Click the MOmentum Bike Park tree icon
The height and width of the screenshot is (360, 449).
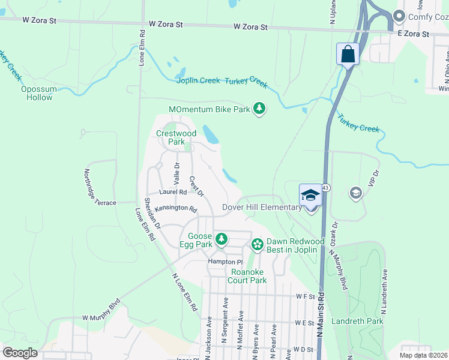(x=259, y=109)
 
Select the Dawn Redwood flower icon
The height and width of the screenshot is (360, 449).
(x=258, y=244)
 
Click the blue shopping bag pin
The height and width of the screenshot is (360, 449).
(x=348, y=55)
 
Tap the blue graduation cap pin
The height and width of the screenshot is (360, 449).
(x=310, y=195)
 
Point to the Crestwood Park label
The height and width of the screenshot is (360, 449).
(x=176, y=137)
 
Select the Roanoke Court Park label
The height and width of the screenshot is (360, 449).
(x=249, y=276)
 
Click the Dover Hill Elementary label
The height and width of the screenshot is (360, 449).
(x=262, y=208)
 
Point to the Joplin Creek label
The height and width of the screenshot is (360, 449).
(x=198, y=81)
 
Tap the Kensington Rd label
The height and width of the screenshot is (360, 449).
(x=176, y=209)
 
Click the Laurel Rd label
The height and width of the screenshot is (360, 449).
(x=173, y=192)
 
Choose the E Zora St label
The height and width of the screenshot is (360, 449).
(x=414, y=34)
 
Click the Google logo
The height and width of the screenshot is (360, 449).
(x=20, y=353)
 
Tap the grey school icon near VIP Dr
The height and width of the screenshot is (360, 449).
(x=355, y=193)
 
